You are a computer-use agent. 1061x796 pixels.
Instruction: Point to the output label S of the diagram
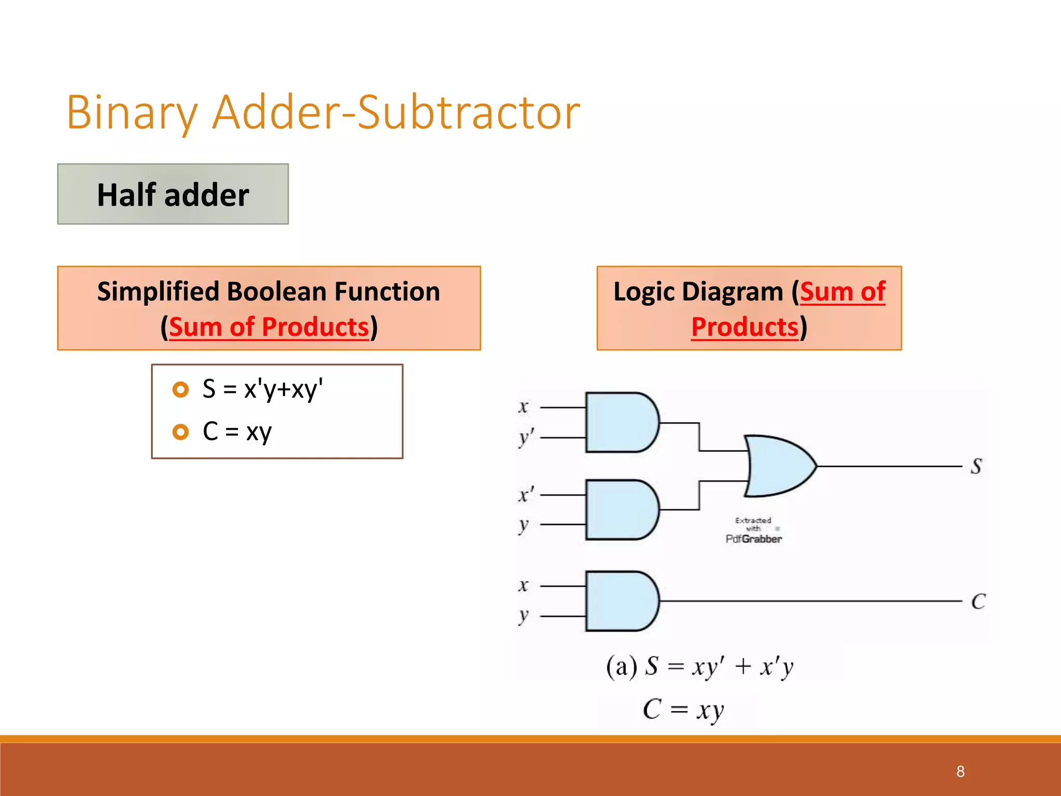click(x=977, y=466)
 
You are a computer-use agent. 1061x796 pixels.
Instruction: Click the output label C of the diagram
click(x=978, y=602)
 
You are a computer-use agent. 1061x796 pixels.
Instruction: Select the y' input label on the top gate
click(x=526, y=438)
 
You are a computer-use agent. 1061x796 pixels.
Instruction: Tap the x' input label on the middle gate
click(x=526, y=494)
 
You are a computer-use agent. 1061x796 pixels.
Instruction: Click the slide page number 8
click(x=960, y=772)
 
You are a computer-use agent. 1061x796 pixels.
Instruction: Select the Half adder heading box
click(x=173, y=194)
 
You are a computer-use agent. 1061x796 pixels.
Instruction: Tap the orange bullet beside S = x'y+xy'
click(x=180, y=390)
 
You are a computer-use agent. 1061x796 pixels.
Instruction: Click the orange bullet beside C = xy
click(x=180, y=432)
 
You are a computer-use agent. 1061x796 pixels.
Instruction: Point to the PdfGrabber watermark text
click(x=754, y=539)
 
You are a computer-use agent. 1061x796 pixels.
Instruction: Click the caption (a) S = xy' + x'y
click(x=700, y=666)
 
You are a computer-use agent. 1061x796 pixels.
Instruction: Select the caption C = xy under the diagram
click(x=683, y=709)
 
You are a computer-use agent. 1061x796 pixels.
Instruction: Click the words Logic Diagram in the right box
click(x=699, y=292)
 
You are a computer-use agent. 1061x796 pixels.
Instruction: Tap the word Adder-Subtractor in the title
click(x=396, y=112)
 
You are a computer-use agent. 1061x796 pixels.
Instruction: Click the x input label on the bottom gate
click(x=523, y=586)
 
